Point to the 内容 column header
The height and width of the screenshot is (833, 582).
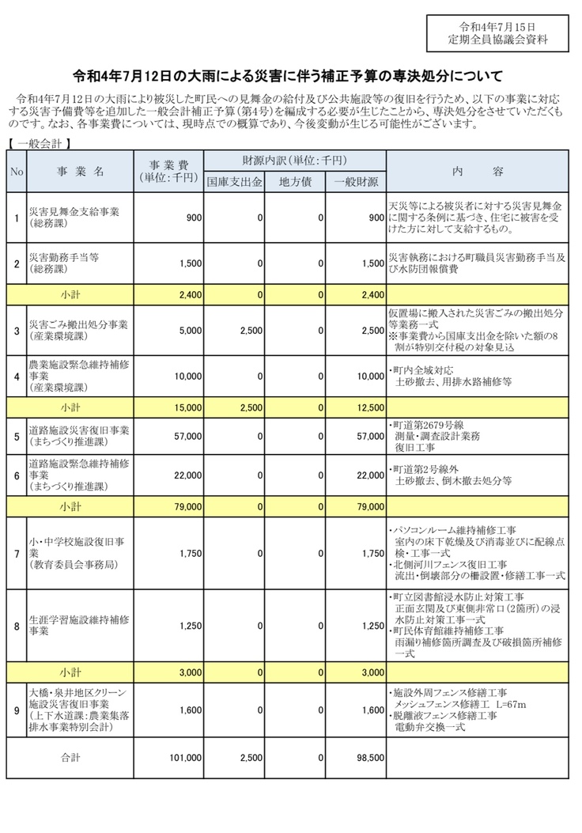point(478,171)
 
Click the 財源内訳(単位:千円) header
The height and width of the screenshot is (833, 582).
point(294,161)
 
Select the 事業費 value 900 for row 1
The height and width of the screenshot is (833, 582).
point(194,218)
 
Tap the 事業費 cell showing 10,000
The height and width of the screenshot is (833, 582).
point(187,377)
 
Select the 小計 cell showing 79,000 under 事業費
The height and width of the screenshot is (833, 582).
point(187,505)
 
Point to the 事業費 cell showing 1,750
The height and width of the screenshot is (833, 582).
point(191,554)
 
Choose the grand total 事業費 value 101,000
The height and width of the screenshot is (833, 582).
point(186,757)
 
